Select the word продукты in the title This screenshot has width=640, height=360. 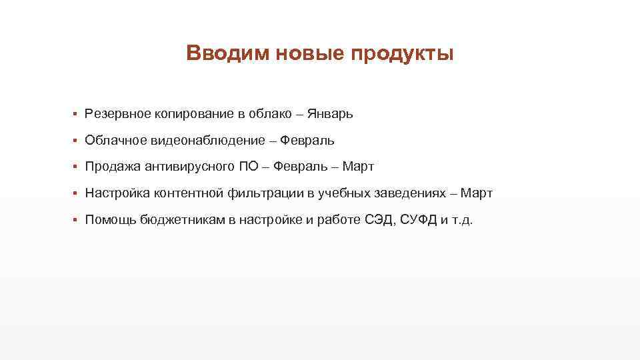(398, 53)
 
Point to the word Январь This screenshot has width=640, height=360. (331, 114)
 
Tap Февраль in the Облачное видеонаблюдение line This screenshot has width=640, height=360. (307, 141)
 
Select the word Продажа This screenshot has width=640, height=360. (112, 167)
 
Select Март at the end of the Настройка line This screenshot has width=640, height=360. (476, 193)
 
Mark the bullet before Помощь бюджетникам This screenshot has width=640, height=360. (77, 221)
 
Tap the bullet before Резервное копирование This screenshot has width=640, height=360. (77, 114)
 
